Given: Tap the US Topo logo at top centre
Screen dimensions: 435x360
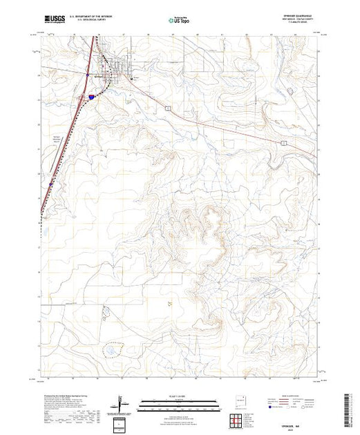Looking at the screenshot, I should [180, 20].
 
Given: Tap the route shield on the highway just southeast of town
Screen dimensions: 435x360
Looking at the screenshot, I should [167, 108].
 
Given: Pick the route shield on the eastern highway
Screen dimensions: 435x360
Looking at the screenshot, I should [283, 140].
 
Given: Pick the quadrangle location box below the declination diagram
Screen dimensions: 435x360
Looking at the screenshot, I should [120, 422].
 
